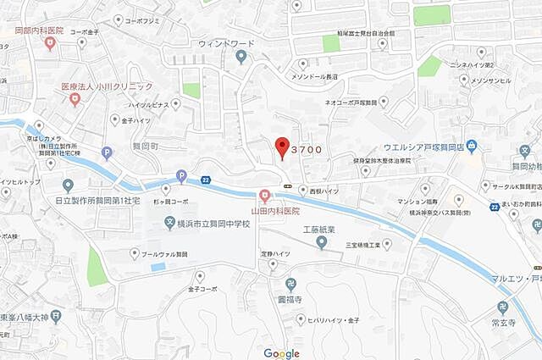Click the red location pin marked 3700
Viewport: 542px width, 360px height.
(x=283, y=146)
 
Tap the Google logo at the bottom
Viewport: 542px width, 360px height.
(x=281, y=353)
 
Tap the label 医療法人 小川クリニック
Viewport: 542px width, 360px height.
(x=107, y=86)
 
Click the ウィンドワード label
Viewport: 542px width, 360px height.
(x=227, y=42)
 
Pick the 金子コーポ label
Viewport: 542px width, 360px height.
(x=200, y=289)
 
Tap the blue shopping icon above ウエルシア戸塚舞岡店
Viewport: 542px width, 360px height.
(x=472, y=147)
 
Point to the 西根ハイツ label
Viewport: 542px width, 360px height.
(x=324, y=191)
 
